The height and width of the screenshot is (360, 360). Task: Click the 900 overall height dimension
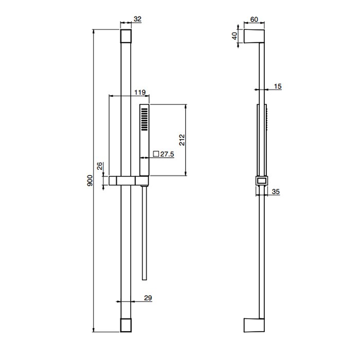pyautogui.click(x=90, y=181)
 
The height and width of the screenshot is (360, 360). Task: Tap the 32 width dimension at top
pyautogui.click(x=137, y=19)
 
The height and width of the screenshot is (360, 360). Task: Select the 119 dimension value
pyautogui.click(x=140, y=92)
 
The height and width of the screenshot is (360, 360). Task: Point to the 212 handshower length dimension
pyautogui.click(x=182, y=140)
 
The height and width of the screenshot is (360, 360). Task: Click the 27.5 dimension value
pyautogui.click(x=167, y=154)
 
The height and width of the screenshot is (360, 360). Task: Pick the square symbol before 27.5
pyautogui.click(x=156, y=154)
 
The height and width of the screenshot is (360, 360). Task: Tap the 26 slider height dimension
pyautogui.click(x=100, y=166)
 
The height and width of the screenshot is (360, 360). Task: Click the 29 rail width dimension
pyautogui.click(x=148, y=298)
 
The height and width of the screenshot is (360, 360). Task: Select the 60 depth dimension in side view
pyautogui.click(x=254, y=20)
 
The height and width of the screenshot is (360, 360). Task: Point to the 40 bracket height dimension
pyautogui.click(x=235, y=36)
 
